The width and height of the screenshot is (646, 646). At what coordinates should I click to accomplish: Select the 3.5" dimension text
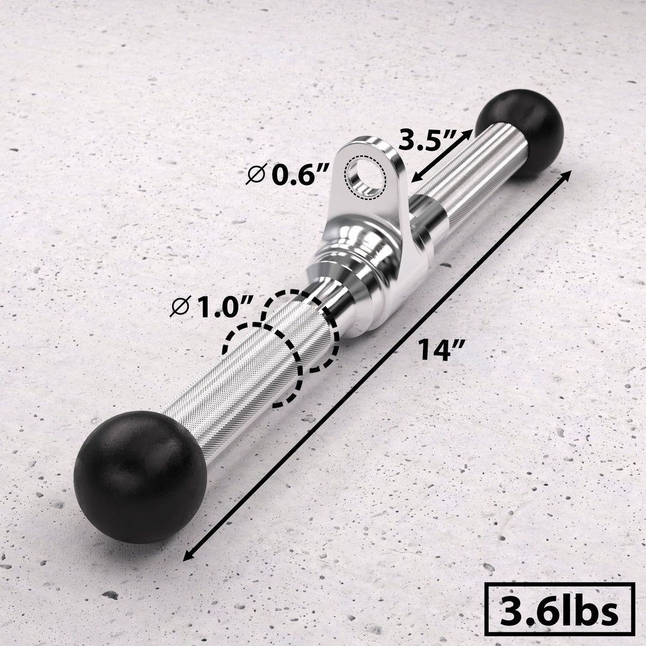pyautogui.click(x=428, y=142)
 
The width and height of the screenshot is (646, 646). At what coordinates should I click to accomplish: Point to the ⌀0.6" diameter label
pyautogui.click(x=288, y=175)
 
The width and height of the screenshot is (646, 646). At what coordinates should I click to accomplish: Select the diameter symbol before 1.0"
pyautogui.click(x=178, y=308)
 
